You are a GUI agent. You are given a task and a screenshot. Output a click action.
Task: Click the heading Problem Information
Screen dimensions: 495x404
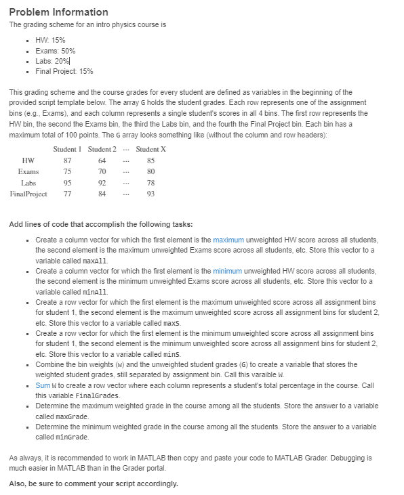point(58,12)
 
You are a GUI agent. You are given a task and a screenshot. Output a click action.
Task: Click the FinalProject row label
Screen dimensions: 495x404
point(28,194)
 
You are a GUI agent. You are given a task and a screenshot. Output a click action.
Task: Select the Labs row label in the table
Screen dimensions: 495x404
point(28,183)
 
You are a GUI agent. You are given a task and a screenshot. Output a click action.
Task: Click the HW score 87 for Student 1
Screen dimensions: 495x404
point(67,160)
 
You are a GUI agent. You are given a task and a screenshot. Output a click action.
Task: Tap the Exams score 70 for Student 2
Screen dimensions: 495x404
point(102,172)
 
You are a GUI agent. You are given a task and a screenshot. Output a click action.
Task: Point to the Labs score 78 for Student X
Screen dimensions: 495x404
point(150,183)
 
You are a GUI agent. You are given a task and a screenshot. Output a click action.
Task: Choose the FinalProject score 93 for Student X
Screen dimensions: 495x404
point(150,194)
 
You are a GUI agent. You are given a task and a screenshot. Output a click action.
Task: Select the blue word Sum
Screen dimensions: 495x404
point(42,385)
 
